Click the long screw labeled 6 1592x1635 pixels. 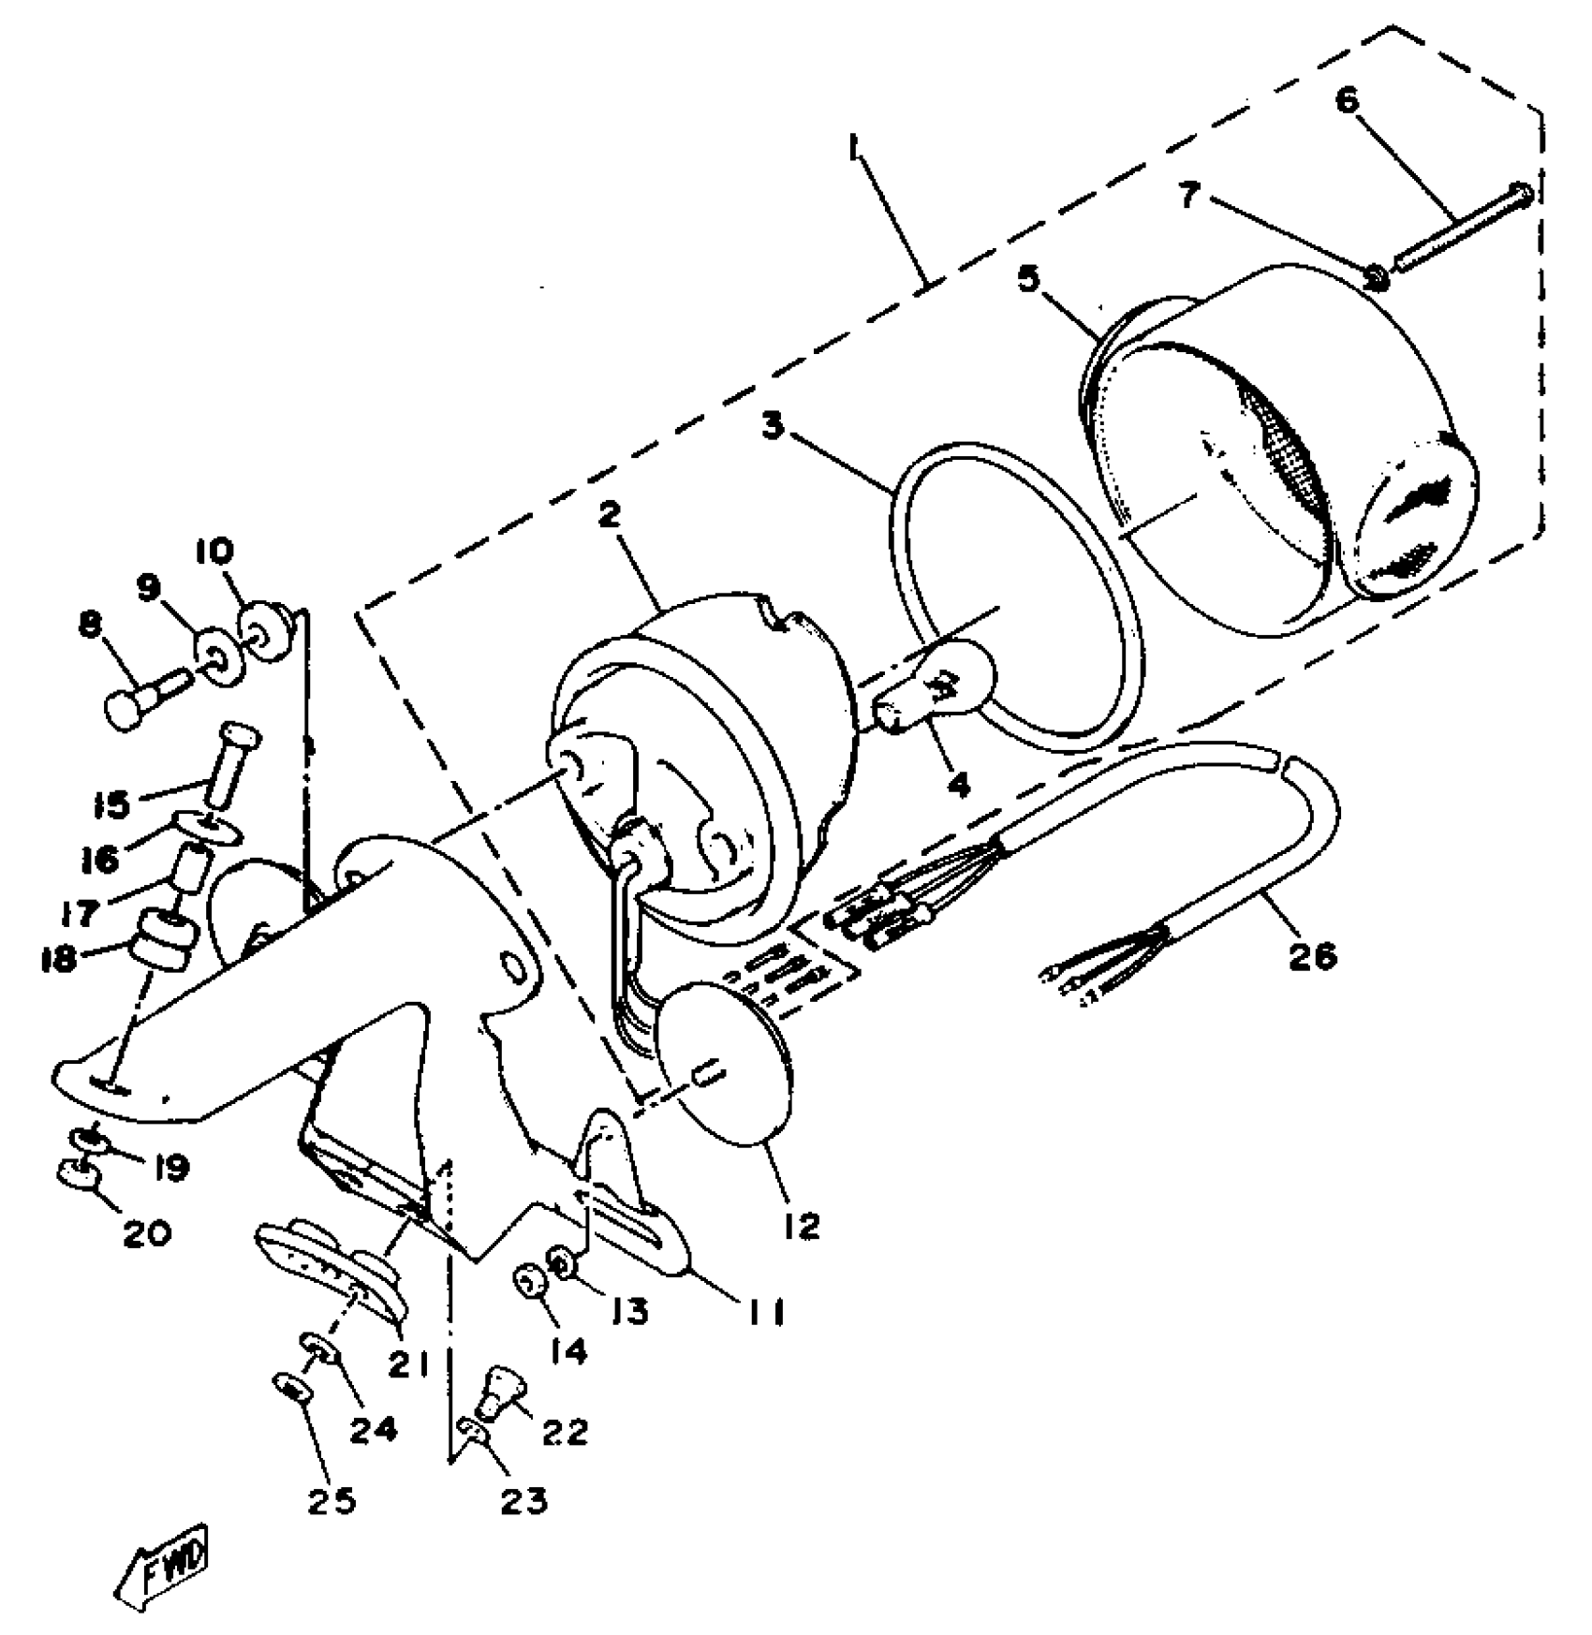[1461, 229]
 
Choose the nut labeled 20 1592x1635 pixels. [79, 1173]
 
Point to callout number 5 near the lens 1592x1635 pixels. [1029, 279]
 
